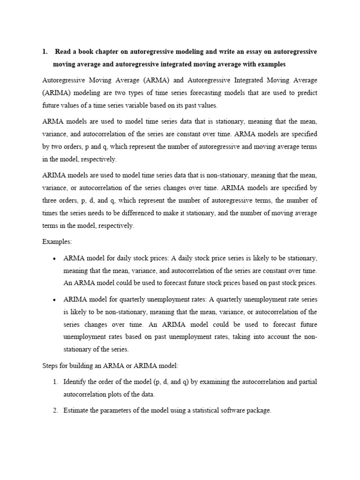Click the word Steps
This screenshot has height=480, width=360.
[51, 366]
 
